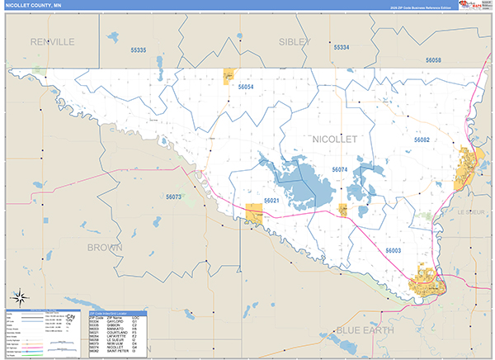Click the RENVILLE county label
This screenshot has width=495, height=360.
tap(52, 41)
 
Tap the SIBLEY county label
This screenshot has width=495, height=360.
tap(294, 41)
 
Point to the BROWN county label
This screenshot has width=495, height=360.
tap(104, 247)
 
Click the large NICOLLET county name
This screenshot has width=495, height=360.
tap(334, 140)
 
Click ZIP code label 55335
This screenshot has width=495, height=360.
tap(138, 51)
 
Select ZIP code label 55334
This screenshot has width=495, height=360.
tap(341, 48)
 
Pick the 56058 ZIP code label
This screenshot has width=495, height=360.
tap(433, 60)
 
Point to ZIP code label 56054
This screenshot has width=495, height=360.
tap(245, 86)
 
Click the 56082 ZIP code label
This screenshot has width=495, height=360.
tap(422, 140)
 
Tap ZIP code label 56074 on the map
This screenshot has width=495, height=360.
tap(340, 169)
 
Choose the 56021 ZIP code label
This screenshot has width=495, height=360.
tap(271, 201)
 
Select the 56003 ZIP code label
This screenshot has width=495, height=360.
tap(393, 249)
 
